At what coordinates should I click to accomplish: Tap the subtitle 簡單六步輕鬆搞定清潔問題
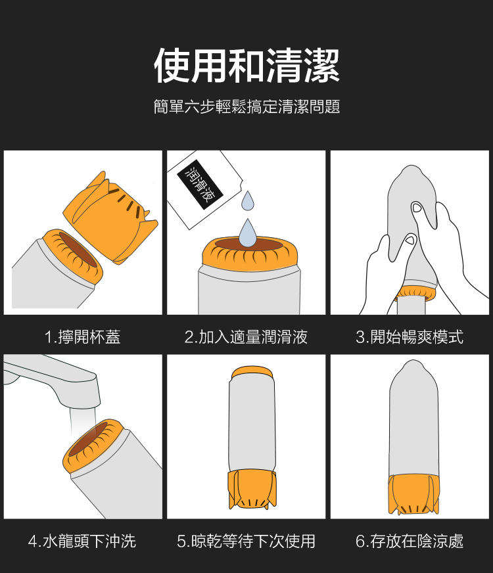tap(246, 106)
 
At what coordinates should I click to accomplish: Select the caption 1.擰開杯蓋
tap(83, 336)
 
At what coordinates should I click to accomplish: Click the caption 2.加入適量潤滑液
tap(246, 336)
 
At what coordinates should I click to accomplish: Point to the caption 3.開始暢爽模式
tap(410, 336)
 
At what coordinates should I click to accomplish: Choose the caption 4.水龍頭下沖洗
tap(82, 541)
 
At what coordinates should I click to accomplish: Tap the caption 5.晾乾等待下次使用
tap(246, 541)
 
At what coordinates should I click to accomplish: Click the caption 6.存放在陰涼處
tap(410, 541)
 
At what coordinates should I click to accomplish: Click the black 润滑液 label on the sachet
tap(200, 185)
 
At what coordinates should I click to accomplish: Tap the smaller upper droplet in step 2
tap(248, 201)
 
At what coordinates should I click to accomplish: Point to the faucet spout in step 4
tap(51, 380)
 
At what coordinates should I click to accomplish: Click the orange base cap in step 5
tap(252, 490)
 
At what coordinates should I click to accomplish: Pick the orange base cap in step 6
tap(413, 494)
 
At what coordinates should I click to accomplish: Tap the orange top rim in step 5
tap(252, 373)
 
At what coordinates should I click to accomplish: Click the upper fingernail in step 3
tap(417, 208)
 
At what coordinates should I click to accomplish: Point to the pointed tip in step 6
tap(413, 363)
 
